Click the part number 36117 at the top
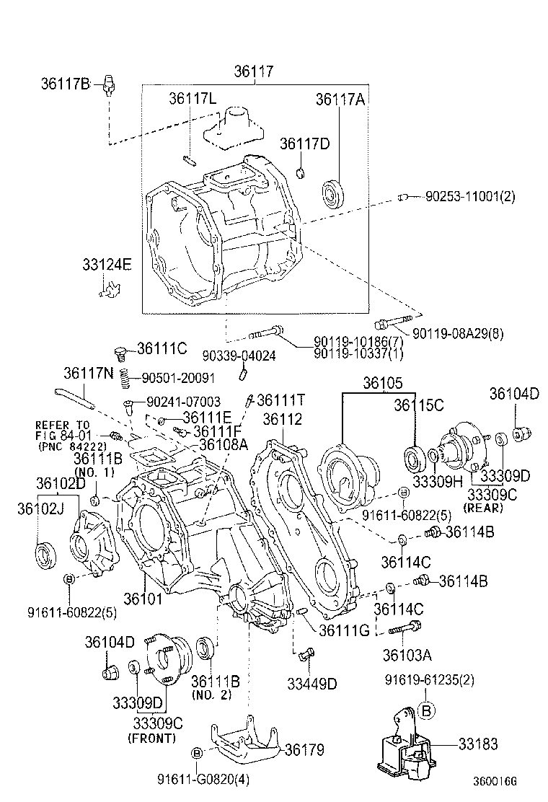tap(254, 72)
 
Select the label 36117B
tap(65, 84)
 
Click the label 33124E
tap(107, 265)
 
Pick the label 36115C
tap(418, 405)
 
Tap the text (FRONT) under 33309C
tap(151, 739)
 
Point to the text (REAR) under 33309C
tap(487, 508)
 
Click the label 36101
tap(143, 598)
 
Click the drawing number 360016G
tap(495, 780)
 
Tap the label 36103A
tap(407, 655)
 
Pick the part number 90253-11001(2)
tap(470, 196)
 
